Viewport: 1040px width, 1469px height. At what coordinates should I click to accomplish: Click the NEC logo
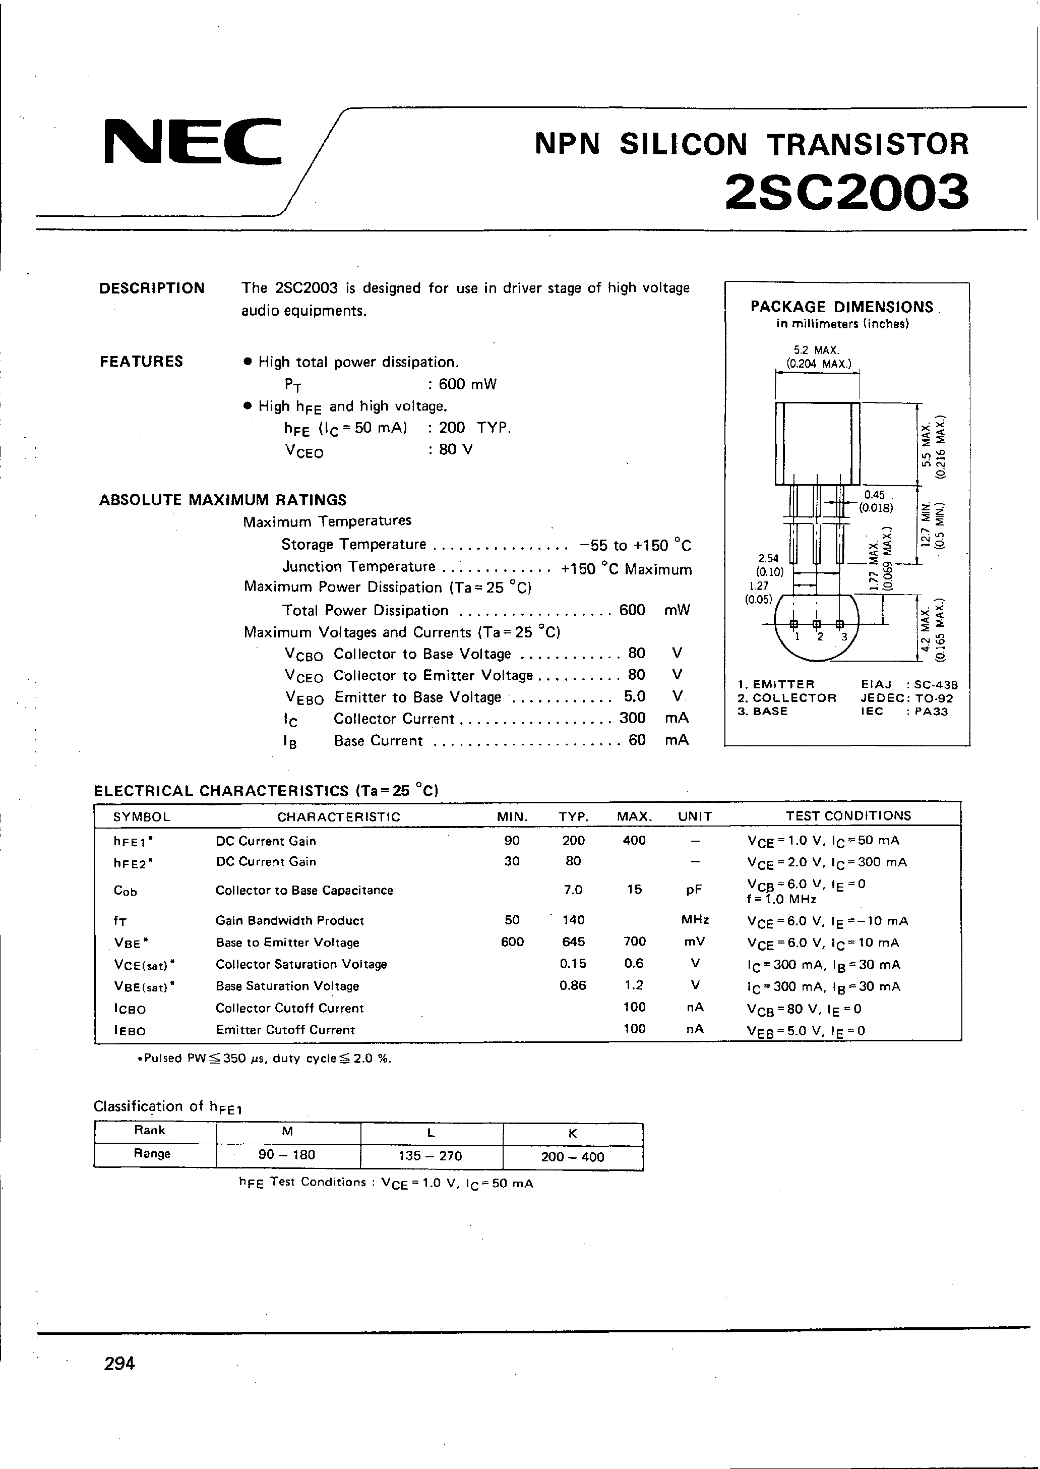(192, 140)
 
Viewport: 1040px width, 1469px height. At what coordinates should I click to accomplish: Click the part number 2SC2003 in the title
(846, 192)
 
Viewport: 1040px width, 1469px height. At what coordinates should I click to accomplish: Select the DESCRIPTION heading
(152, 288)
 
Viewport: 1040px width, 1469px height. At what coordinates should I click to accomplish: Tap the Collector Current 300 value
(632, 718)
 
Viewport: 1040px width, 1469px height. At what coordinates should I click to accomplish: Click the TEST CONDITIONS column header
(848, 815)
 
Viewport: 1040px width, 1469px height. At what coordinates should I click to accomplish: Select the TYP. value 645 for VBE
(573, 942)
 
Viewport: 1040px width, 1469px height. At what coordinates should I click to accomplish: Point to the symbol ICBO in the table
(130, 1009)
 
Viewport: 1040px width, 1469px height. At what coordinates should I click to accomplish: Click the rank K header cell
(573, 1133)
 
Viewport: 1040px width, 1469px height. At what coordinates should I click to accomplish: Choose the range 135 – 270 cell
(431, 1156)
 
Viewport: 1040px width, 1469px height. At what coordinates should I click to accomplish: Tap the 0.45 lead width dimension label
(874, 495)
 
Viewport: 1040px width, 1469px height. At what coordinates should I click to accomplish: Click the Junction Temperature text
(358, 567)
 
